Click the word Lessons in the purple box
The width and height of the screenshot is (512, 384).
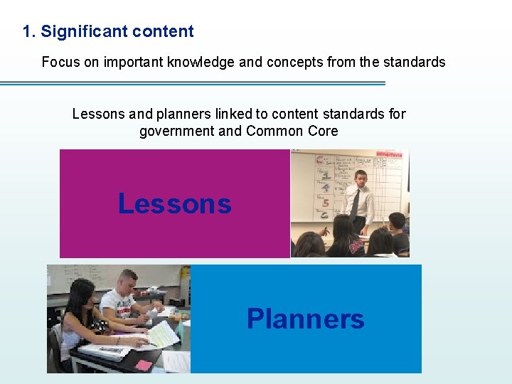click(174, 204)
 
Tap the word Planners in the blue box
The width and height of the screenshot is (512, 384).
click(305, 319)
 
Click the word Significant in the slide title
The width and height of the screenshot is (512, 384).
click(79, 31)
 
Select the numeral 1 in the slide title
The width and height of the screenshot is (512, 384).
click(27, 31)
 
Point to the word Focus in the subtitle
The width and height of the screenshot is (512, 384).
click(60, 62)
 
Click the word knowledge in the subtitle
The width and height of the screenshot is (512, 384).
click(201, 62)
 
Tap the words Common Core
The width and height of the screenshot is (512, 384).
click(292, 131)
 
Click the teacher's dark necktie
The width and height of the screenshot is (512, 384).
click(355, 203)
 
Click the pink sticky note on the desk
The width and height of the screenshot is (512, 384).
click(144, 365)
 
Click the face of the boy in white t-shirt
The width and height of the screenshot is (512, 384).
click(129, 282)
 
